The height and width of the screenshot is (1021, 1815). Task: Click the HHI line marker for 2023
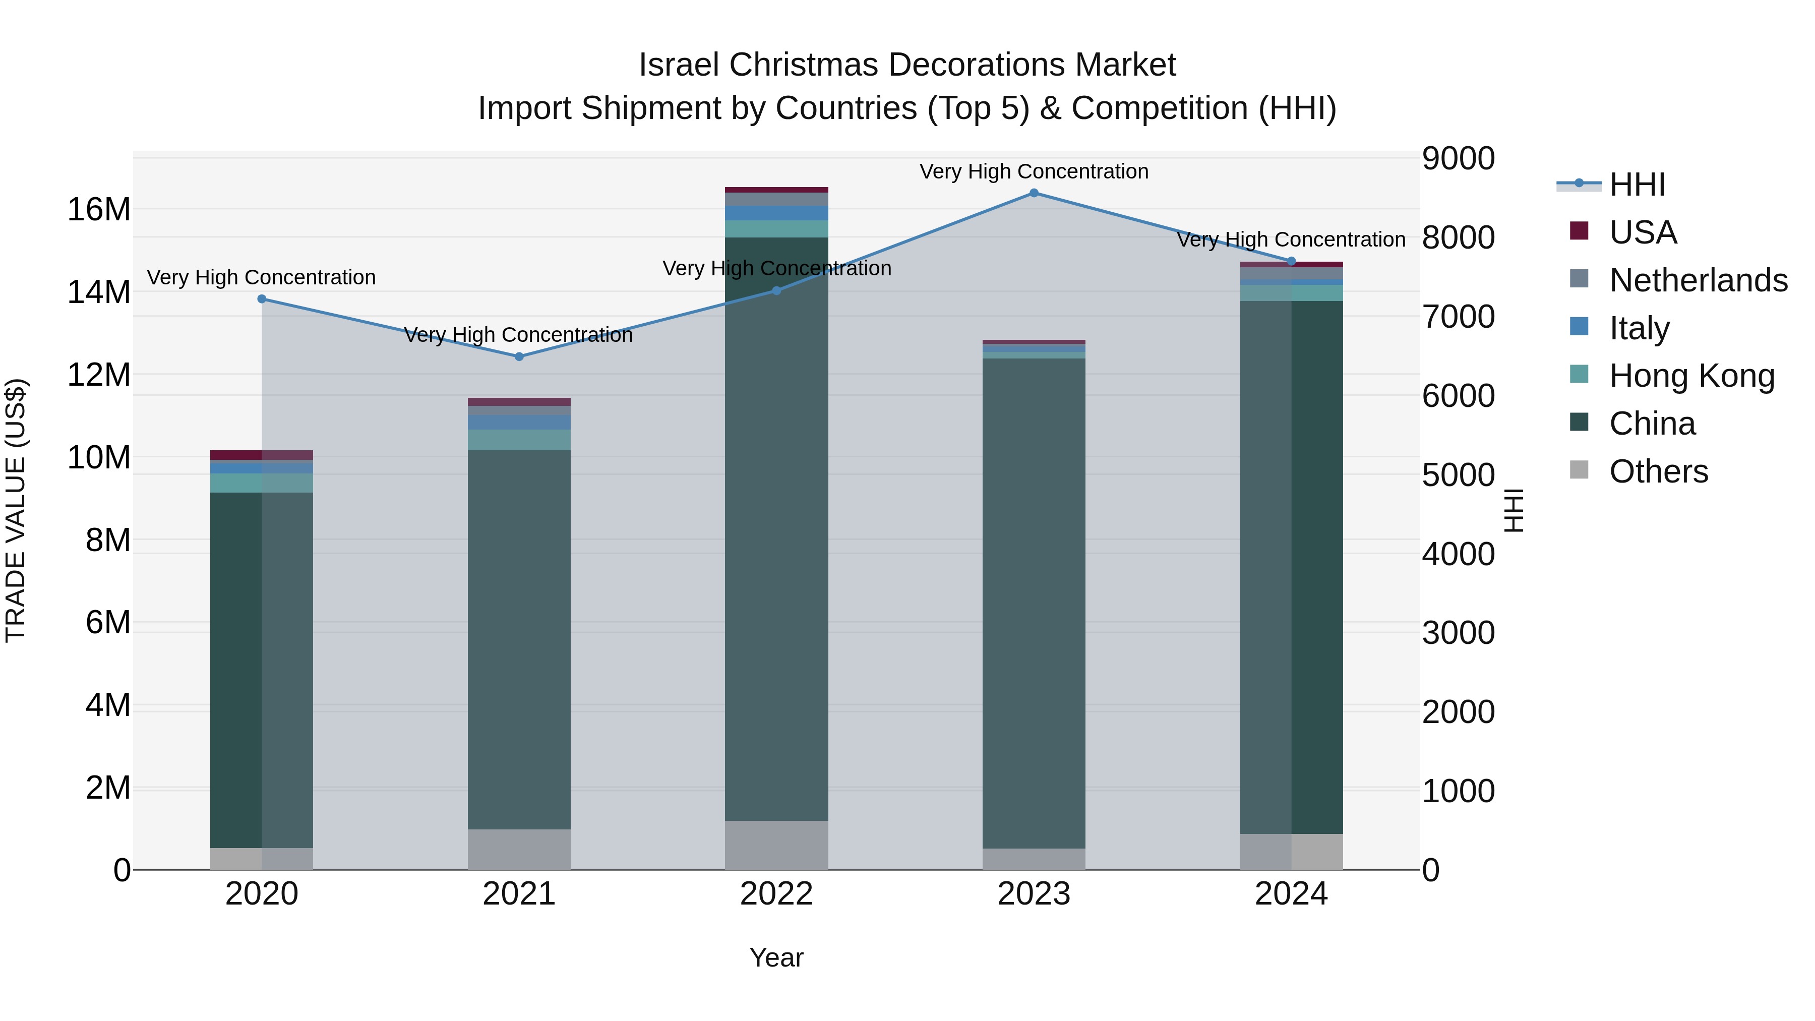(1034, 193)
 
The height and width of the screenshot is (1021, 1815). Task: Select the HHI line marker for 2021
(519, 356)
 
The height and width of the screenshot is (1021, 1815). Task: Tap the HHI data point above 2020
(262, 299)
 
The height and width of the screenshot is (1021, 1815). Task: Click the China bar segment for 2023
(1034, 599)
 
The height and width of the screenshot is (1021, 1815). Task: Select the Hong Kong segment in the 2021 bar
(519, 440)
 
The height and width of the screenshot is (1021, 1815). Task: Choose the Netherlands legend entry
(1698, 280)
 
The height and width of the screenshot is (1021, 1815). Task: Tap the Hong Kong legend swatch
(1580, 374)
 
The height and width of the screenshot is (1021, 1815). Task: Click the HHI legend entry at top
(1636, 185)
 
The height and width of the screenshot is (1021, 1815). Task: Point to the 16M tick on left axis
(99, 209)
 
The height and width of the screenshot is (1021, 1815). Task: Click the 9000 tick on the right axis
(1458, 158)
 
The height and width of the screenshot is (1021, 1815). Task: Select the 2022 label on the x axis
(776, 893)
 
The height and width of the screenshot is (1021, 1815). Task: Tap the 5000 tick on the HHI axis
(1458, 475)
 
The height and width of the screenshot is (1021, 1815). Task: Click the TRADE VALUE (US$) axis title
(16, 510)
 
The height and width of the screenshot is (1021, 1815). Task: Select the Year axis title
(776, 957)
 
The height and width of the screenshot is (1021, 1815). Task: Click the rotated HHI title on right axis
(1514, 510)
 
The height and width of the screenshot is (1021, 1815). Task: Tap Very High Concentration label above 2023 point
(1034, 171)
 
